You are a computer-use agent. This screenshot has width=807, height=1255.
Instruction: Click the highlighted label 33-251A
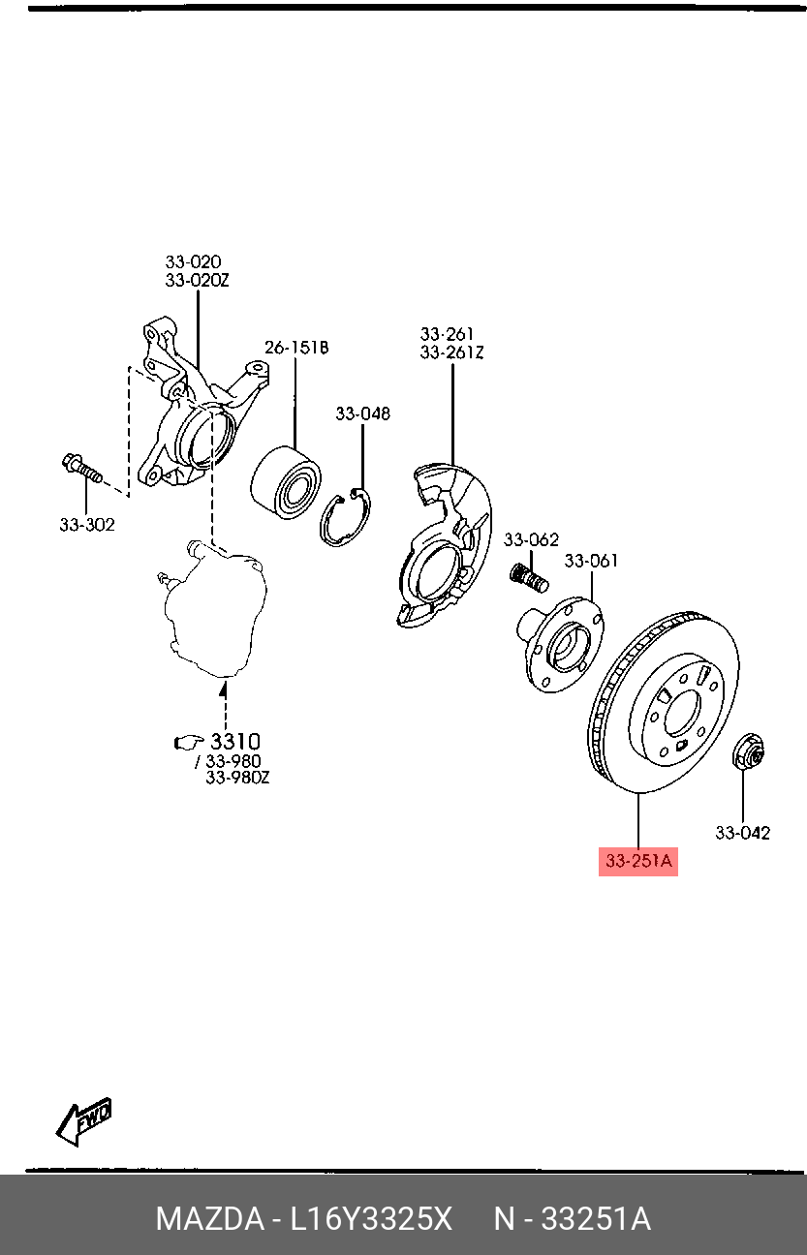pyautogui.click(x=638, y=861)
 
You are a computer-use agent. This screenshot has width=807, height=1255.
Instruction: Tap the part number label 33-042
pyautogui.click(x=743, y=832)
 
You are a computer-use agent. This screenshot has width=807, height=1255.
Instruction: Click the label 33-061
pyautogui.click(x=591, y=560)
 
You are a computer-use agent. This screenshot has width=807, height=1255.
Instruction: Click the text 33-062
pyautogui.click(x=531, y=539)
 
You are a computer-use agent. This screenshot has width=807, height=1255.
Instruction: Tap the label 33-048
pyautogui.click(x=363, y=413)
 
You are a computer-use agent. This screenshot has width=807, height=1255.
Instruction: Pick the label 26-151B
pyautogui.click(x=297, y=347)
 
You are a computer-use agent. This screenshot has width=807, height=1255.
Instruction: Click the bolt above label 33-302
pyautogui.click(x=81, y=470)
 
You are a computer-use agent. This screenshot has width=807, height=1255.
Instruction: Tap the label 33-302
pyautogui.click(x=86, y=525)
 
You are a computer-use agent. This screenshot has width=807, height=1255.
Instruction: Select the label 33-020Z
pyautogui.click(x=197, y=280)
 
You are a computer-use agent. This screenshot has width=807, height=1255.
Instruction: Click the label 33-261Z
pyautogui.click(x=451, y=352)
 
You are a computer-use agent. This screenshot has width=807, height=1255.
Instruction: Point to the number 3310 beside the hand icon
pyautogui.click(x=235, y=743)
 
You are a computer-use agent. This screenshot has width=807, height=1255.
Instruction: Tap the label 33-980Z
pyautogui.click(x=237, y=778)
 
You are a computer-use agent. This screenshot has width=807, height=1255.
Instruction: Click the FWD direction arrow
pyautogui.click(x=84, y=1120)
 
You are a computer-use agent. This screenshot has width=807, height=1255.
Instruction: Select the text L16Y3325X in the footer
pyautogui.click(x=371, y=1219)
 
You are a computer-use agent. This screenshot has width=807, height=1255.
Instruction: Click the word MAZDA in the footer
pyautogui.click(x=205, y=1219)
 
